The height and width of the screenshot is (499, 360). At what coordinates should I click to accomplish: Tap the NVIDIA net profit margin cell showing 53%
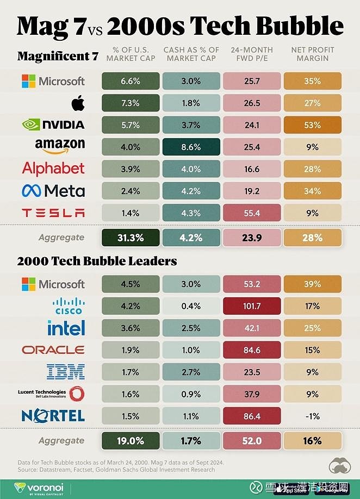tap(312, 125)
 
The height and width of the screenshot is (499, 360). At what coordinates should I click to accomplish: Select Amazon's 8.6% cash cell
tap(191, 147)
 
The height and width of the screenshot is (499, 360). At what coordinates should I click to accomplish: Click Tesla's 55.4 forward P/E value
tap(252, 213)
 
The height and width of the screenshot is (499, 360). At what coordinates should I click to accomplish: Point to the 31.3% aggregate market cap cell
tap(131, 238)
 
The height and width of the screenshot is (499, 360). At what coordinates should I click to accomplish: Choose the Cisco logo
tap(68, 306)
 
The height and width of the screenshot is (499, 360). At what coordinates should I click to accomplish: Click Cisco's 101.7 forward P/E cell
tap(252, 306)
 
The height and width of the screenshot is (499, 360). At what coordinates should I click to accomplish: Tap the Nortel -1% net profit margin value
tap(312, 416)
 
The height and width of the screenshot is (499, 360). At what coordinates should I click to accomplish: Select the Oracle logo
tap(53, 350)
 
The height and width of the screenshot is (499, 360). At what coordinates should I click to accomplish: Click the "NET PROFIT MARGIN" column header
tap(312, 54)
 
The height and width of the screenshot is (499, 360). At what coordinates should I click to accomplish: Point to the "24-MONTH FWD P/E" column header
tap(252, 54)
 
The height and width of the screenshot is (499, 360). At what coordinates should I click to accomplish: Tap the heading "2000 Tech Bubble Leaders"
tap(97, 261)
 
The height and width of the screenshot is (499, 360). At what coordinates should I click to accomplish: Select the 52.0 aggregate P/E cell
tap(252, 441)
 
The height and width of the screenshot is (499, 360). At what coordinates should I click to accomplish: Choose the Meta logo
tap(53, 191)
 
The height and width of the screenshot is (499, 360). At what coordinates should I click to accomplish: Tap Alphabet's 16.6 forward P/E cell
tap(252, 169)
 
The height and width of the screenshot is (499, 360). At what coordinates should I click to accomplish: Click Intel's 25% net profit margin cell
tap(312, 328)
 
